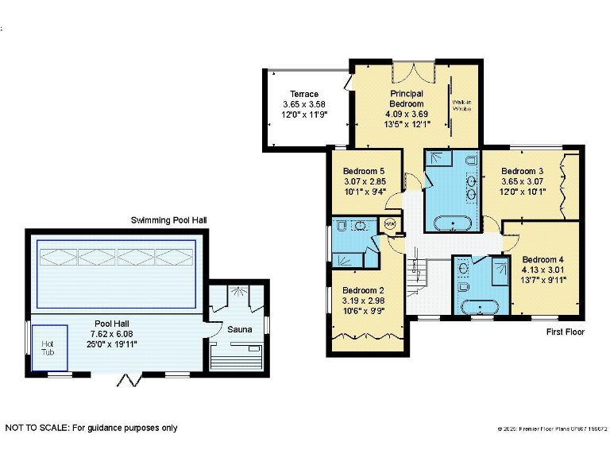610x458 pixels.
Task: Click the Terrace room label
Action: tap(304, 94)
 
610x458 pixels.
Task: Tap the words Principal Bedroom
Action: tap(406, 99)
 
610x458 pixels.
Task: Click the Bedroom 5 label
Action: tap(364, 171)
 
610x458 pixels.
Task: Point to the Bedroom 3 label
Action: tap(522, 171)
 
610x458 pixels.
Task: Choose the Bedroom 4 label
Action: tap(543, 259)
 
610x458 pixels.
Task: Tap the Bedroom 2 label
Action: tap(362, 290)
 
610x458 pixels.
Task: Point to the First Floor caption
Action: tap(566, 332)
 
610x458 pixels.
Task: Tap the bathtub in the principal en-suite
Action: tap(450, 223)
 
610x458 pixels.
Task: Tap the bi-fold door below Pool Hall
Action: tap(125, 379)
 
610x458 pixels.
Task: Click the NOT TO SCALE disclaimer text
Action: tap(91, 428)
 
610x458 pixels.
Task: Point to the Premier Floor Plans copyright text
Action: tap(553, 429)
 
